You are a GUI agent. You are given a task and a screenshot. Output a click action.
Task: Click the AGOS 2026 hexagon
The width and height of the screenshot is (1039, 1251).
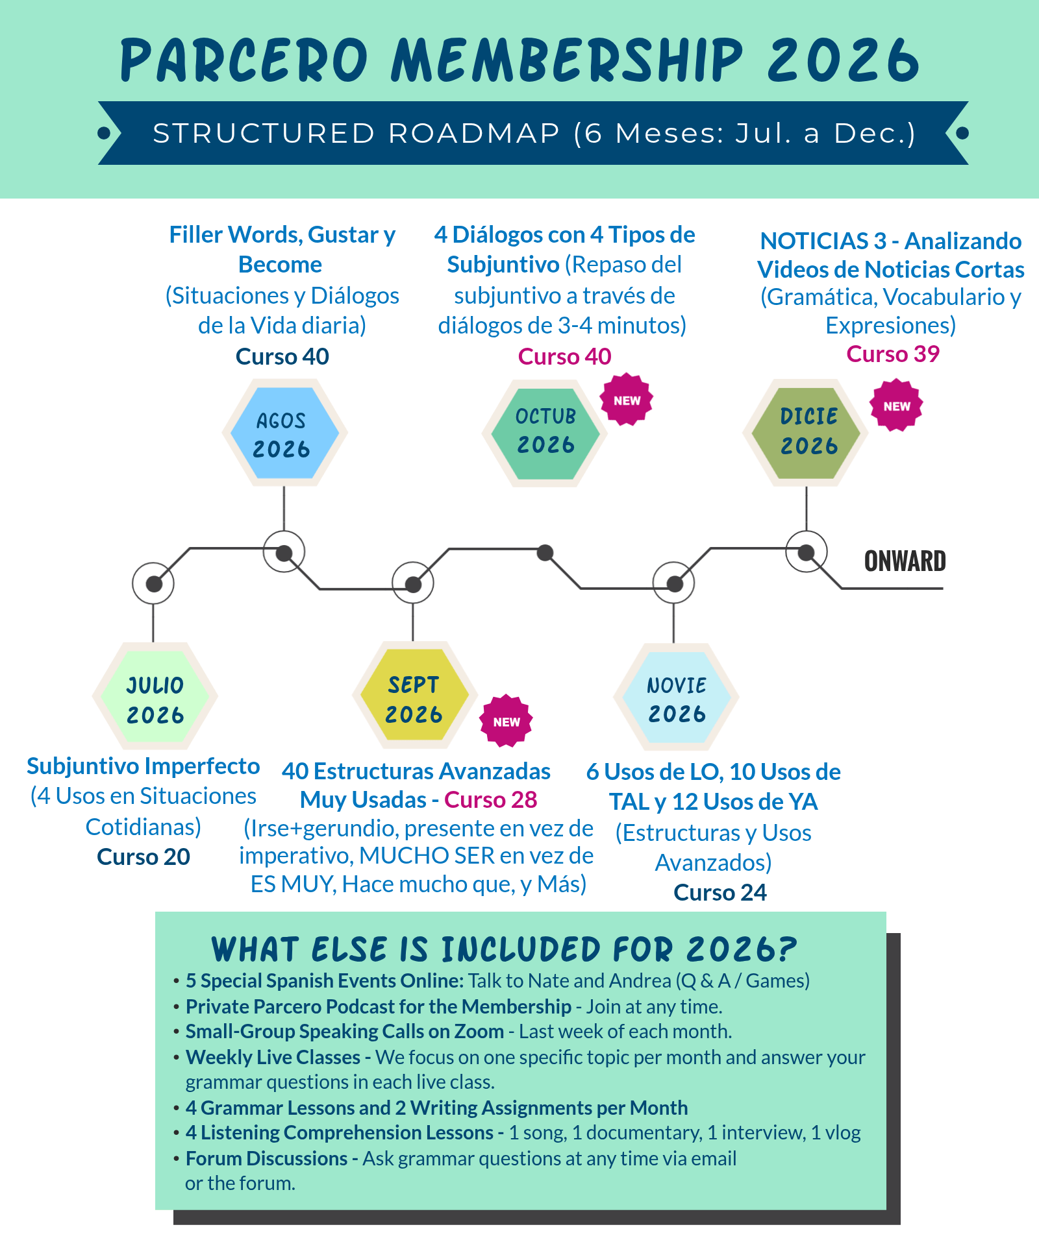[284, 433]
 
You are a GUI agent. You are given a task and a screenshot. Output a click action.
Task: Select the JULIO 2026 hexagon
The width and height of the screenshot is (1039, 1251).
[155, 696]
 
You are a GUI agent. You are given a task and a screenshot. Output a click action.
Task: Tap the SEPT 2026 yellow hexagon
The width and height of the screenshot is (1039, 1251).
[414, 695]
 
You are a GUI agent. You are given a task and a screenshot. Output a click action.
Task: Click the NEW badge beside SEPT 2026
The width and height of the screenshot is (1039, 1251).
[506, 722]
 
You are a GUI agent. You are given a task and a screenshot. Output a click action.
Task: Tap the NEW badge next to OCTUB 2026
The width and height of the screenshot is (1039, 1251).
[627, 400]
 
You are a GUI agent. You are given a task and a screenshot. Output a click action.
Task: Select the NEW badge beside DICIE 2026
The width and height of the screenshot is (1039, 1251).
[896, 406]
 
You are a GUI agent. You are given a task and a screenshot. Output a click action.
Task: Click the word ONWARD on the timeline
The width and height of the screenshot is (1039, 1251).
[905, 561]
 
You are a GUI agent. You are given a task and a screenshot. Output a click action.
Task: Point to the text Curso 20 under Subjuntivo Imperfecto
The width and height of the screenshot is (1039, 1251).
[144, 857]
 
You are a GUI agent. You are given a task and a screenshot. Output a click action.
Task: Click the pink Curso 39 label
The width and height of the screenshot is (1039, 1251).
[893, 354]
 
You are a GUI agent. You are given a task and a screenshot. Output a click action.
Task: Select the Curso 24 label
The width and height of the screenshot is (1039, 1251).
[720, 893]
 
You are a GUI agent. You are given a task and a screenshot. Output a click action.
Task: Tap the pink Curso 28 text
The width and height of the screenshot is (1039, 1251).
[491, 800]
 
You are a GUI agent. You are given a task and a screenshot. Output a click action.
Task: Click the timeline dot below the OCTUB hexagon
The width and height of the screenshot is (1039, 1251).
[545, 553]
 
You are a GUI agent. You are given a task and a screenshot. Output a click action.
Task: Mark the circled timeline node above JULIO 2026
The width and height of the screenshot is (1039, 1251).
[153, 583]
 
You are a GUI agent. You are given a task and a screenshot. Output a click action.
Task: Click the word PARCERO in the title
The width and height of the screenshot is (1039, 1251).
[244, 60]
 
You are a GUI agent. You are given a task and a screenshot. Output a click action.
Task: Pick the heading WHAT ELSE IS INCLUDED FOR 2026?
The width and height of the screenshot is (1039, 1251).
[504, 950]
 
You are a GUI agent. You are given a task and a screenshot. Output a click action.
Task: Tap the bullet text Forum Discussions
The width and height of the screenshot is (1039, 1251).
[267, 1159]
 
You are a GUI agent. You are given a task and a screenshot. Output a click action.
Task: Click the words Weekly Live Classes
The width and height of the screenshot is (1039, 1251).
[273, 1058]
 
